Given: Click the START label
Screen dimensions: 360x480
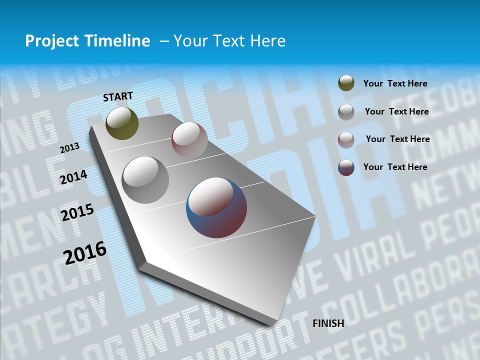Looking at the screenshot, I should (118, 96).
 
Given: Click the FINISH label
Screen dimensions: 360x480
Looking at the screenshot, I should (328, 323).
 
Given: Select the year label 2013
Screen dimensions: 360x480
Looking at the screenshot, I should (69, 148).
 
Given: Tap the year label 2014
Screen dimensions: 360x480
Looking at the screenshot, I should (74, 177).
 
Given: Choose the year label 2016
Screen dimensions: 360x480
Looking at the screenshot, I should (85, 252).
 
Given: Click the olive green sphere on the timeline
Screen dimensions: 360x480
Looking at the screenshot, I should (122, 123).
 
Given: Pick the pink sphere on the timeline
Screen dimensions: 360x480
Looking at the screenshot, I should (189, 139).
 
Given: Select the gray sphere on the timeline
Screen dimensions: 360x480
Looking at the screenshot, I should (145, 179).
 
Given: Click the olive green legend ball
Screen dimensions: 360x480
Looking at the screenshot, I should (346, 83).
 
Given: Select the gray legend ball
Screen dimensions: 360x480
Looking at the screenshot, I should (346, 111).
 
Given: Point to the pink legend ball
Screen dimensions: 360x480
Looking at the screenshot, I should (346, 139).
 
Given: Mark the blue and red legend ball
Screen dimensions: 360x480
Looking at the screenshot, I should (346, 167).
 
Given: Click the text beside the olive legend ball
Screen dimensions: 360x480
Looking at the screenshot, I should (395, 84).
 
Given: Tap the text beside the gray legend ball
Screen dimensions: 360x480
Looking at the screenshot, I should (396, 111).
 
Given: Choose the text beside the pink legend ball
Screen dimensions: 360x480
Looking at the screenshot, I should (397, 139).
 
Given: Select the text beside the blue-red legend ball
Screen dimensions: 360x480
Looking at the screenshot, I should (395, 167).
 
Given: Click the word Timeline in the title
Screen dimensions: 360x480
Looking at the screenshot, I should (117, 41).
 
